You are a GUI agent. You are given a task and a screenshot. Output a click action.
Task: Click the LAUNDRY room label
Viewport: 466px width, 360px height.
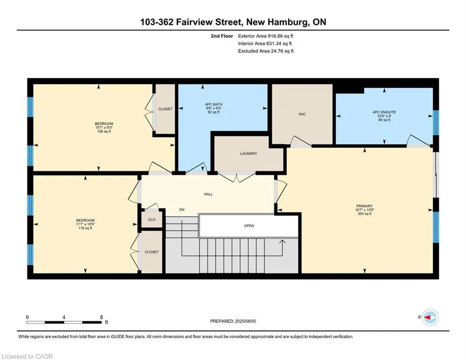pyautogui.click(x=248, y=154)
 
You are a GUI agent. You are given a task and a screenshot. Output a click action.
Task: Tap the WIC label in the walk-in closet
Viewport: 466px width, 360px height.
pyautogui.click(x=302, y=114)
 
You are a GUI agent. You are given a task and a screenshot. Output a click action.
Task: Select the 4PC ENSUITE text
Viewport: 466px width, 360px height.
pyautogui.click(x=384, y=112)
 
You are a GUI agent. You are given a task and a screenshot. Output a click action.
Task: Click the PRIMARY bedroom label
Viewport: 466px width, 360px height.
pyautogui.click(x=364, y=206)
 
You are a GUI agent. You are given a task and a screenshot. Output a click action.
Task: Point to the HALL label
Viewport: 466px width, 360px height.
pyautogui.click(x=208, y=194)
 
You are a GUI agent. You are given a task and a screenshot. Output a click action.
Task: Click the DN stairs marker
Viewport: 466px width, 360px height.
pyautogui.click(x=182, y=210)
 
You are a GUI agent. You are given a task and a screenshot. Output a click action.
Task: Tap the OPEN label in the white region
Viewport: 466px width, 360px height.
pyautogui.click(x=249, y=226)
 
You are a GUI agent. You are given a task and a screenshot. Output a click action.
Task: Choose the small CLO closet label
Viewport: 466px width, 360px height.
pyautogui.click(x=152, y=219)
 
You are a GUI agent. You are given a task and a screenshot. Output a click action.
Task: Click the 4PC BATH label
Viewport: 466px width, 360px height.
pyautogui.click(x=214, y=105)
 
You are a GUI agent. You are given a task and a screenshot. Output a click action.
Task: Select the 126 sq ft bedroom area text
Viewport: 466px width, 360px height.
pyautogui.click(x=104, y=131)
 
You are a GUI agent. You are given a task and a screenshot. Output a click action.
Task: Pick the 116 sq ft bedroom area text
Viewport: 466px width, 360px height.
pyautogui.click(x=85, y=228)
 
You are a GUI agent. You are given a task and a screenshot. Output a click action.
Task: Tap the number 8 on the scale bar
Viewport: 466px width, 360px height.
pyautogui.click(x=101, y=317)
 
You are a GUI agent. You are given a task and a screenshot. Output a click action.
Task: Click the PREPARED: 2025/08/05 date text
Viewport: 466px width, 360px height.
pyautogui.click(x=233, y=321)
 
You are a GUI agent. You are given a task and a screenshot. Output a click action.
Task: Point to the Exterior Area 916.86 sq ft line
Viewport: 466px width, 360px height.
pyautogui.click(x=266, y=36)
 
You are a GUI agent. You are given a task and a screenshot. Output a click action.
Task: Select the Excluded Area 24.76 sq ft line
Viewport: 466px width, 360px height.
pyautogui.click(x=266, y=51)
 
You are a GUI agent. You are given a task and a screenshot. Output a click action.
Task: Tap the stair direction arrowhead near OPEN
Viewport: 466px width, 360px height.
pyautogui.click(x=282, y=242)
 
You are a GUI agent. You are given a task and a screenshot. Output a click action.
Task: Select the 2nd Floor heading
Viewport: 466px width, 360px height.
pyautogui.click(x=222, y=36)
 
